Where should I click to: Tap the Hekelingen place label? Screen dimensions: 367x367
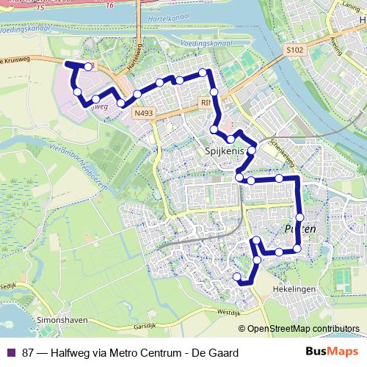click(294, 289)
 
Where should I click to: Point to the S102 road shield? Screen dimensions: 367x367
click(294, 50)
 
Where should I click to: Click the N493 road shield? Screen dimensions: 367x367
click(144, 114)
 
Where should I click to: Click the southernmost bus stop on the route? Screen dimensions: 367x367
click(237, 277)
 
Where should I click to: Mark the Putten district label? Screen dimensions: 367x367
click(299, 230)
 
